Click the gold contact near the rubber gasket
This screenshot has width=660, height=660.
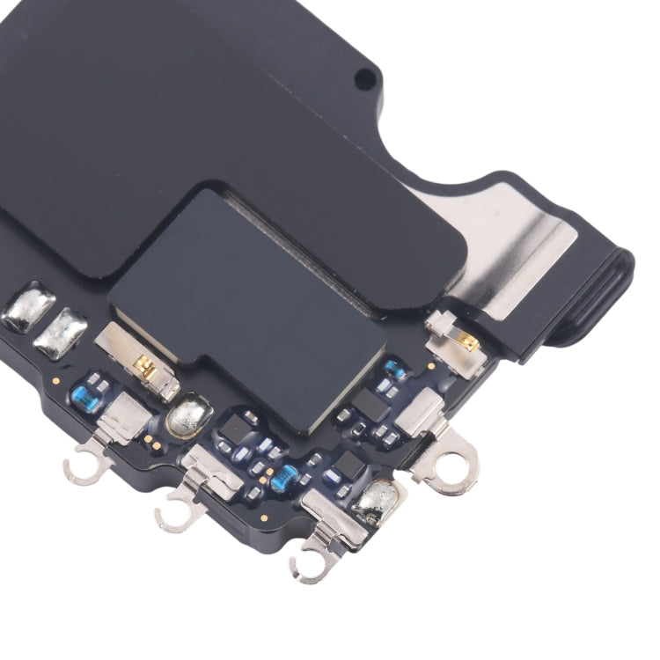pos(469,341)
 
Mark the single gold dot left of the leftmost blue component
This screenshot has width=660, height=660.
pos(55,381)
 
